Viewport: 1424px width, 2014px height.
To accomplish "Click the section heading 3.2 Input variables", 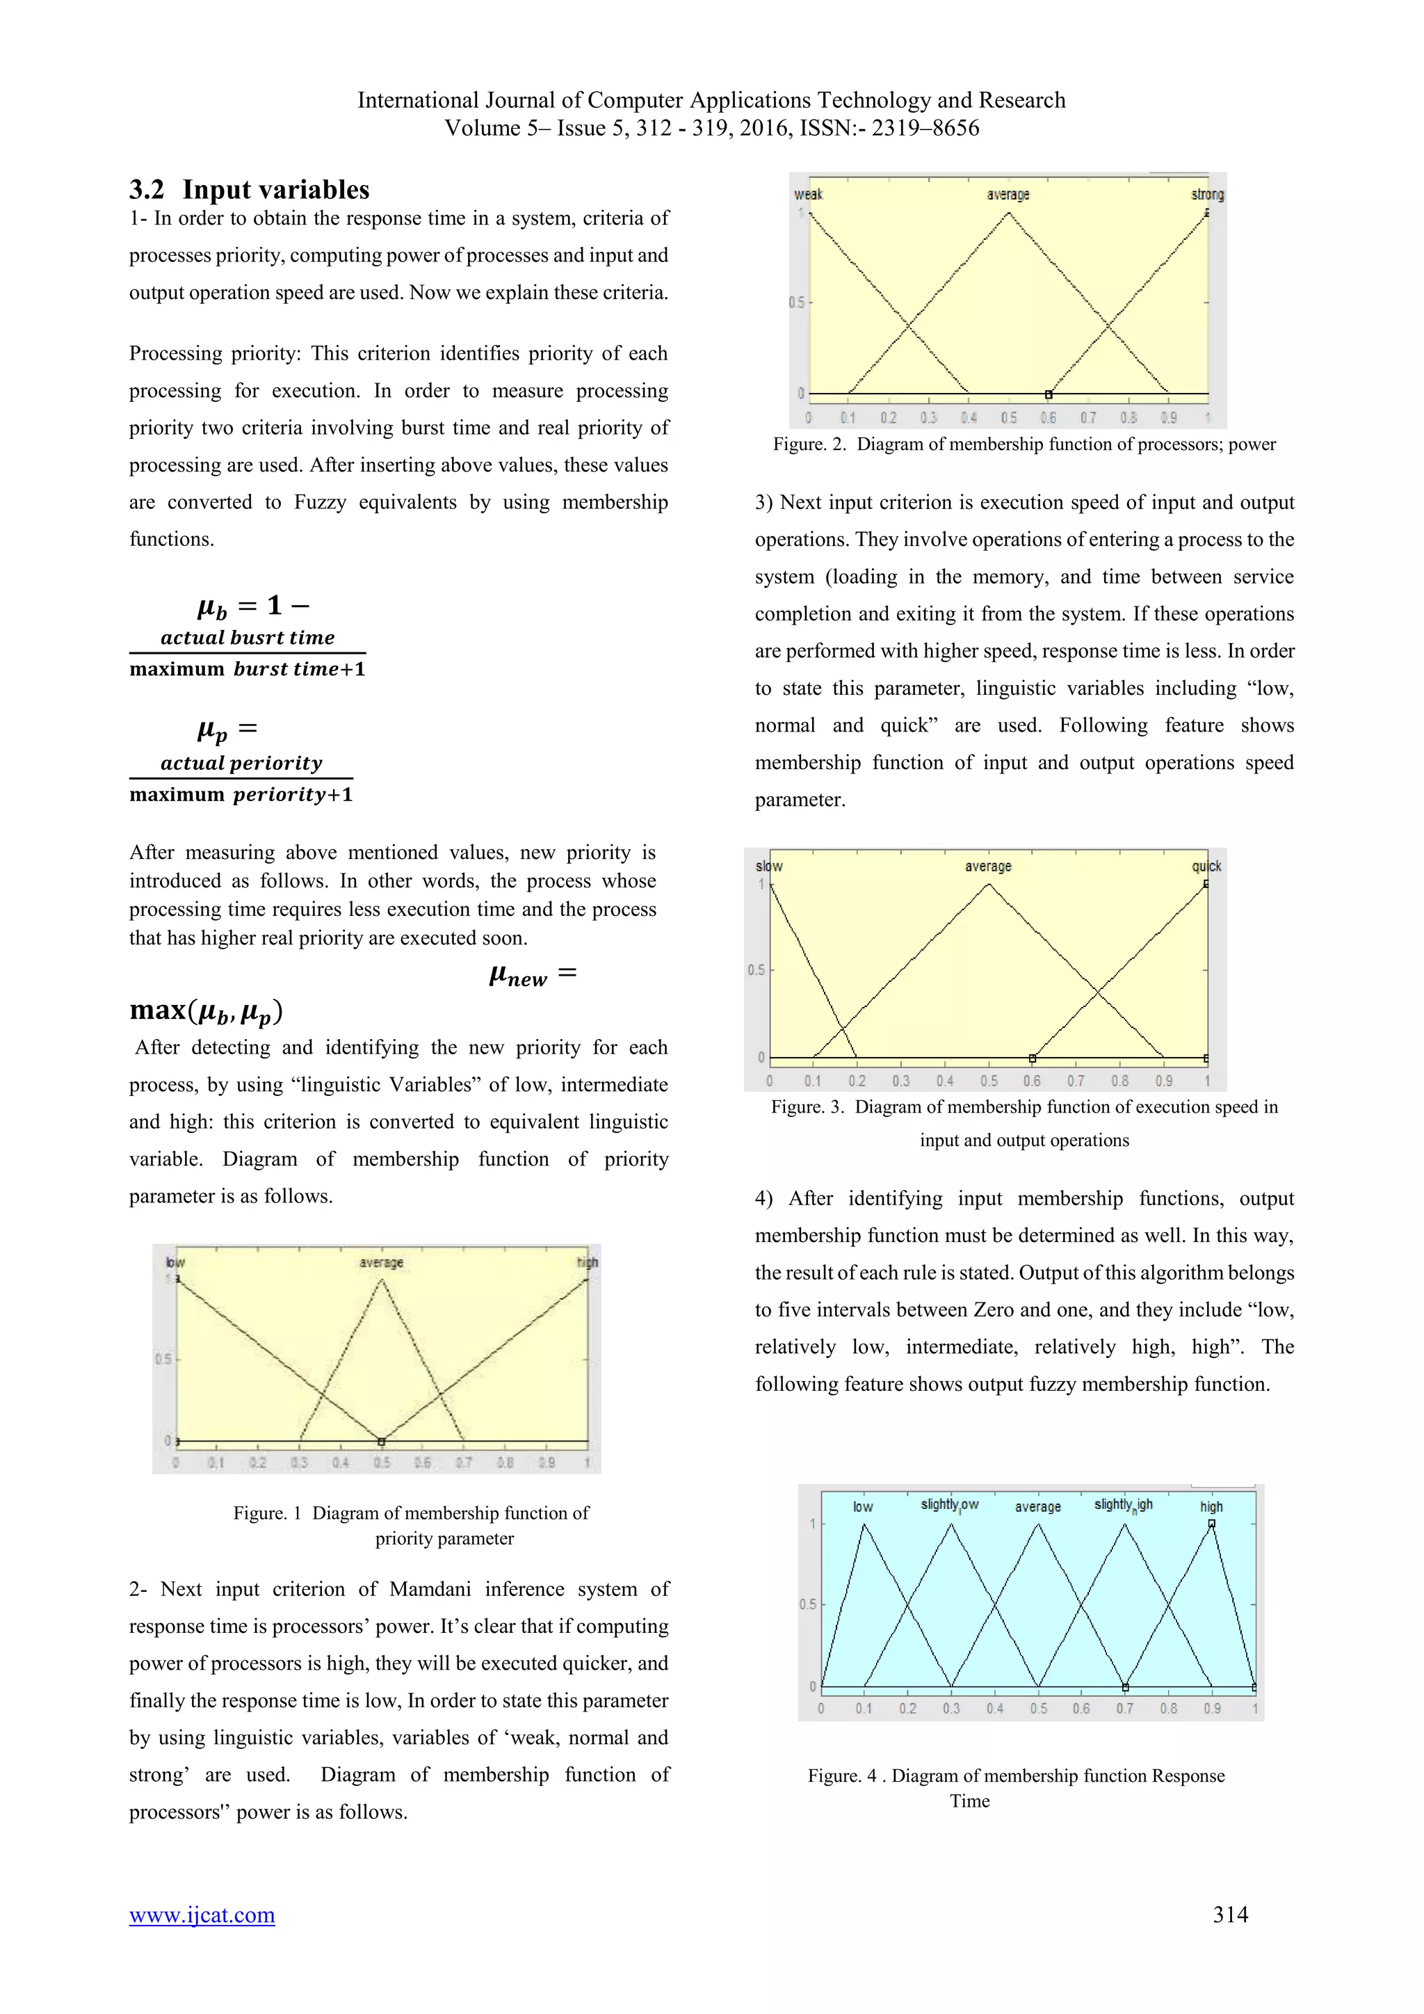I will tap(249, 189).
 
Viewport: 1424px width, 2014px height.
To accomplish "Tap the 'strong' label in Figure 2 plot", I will tap(1206, 195).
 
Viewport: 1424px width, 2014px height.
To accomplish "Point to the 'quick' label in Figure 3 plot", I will tap(1206, 866).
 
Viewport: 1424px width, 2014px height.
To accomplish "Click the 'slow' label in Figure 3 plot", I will tap(769, 866).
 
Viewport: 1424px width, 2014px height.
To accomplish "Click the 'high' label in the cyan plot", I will tap(1211, 1506).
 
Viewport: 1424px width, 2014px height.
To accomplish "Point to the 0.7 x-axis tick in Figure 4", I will tap(1124, 1709).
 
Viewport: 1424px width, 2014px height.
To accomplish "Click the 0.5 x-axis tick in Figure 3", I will tap(988, 1081).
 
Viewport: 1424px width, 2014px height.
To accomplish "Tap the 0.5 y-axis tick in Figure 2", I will tap(796, 303).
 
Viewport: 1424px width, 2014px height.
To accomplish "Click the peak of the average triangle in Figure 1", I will tap(382, 1280).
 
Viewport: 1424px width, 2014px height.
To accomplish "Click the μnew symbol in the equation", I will tap(517, 976).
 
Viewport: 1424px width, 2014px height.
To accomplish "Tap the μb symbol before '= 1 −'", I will tap(212, 607).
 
